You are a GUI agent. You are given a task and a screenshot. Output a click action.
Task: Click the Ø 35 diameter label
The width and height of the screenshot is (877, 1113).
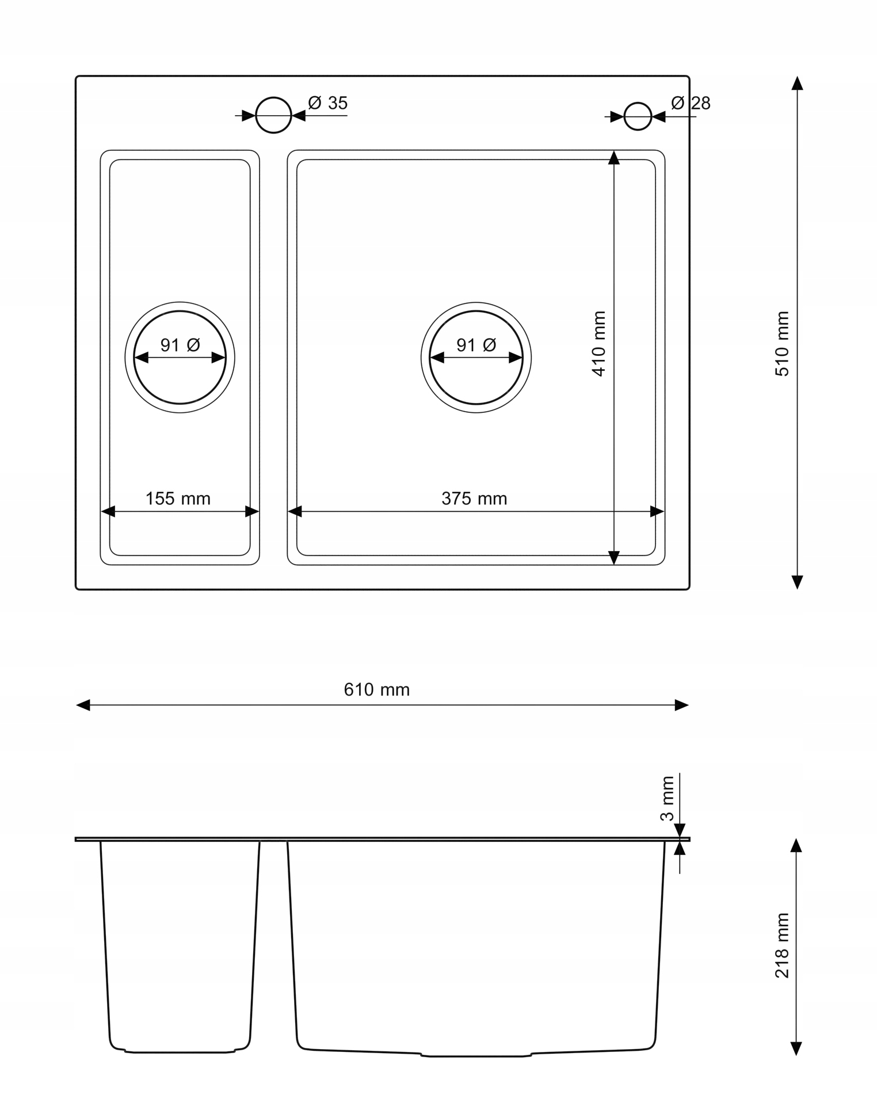click(328, 103)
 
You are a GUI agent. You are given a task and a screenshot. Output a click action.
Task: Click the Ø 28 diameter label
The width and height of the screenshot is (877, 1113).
click(691, 103)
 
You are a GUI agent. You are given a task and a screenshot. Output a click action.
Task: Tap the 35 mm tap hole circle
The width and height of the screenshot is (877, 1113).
click(273, 115)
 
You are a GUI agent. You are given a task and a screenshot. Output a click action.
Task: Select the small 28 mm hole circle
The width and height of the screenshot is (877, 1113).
click(638, 116)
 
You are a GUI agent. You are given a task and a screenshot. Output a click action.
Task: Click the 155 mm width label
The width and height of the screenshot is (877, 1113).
click(178, 498)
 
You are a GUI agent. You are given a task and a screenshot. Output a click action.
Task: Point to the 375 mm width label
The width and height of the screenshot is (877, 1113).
click(474, 498)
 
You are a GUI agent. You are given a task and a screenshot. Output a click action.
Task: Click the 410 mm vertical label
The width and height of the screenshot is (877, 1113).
click(599, 344)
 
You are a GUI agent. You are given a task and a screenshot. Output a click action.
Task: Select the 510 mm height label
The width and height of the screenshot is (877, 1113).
click(782, 344)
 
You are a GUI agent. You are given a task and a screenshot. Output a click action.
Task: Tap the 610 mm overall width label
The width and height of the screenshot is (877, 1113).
click(377, 689)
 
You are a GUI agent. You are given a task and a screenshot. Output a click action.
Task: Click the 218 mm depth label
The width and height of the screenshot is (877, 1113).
click(782, 945)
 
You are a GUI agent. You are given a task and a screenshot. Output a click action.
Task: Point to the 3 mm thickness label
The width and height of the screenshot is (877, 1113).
click(667, 799)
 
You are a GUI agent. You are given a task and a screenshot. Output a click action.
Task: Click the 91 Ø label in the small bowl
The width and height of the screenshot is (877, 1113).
click(180, 345)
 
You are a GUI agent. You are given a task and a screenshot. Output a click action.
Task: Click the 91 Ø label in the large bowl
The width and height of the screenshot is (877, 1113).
click(476, 345)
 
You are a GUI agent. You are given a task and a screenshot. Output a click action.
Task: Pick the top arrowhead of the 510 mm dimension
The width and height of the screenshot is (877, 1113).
click(797, 83)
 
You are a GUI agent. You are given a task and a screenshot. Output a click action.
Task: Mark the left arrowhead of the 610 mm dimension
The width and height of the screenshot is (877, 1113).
click(83, 705)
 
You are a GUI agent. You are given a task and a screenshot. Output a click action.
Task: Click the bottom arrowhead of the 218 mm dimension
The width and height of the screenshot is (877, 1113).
click(796, 1048)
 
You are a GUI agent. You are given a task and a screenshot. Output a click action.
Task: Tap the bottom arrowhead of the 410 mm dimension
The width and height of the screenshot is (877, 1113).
click(614, 557)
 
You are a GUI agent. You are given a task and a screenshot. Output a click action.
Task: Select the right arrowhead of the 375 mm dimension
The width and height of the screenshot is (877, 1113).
click(657, 511)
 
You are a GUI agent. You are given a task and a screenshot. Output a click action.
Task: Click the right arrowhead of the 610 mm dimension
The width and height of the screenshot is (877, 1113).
click(681, 705)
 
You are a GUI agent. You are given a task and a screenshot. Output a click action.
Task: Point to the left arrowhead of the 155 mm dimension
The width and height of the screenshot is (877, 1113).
click(108, 511)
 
